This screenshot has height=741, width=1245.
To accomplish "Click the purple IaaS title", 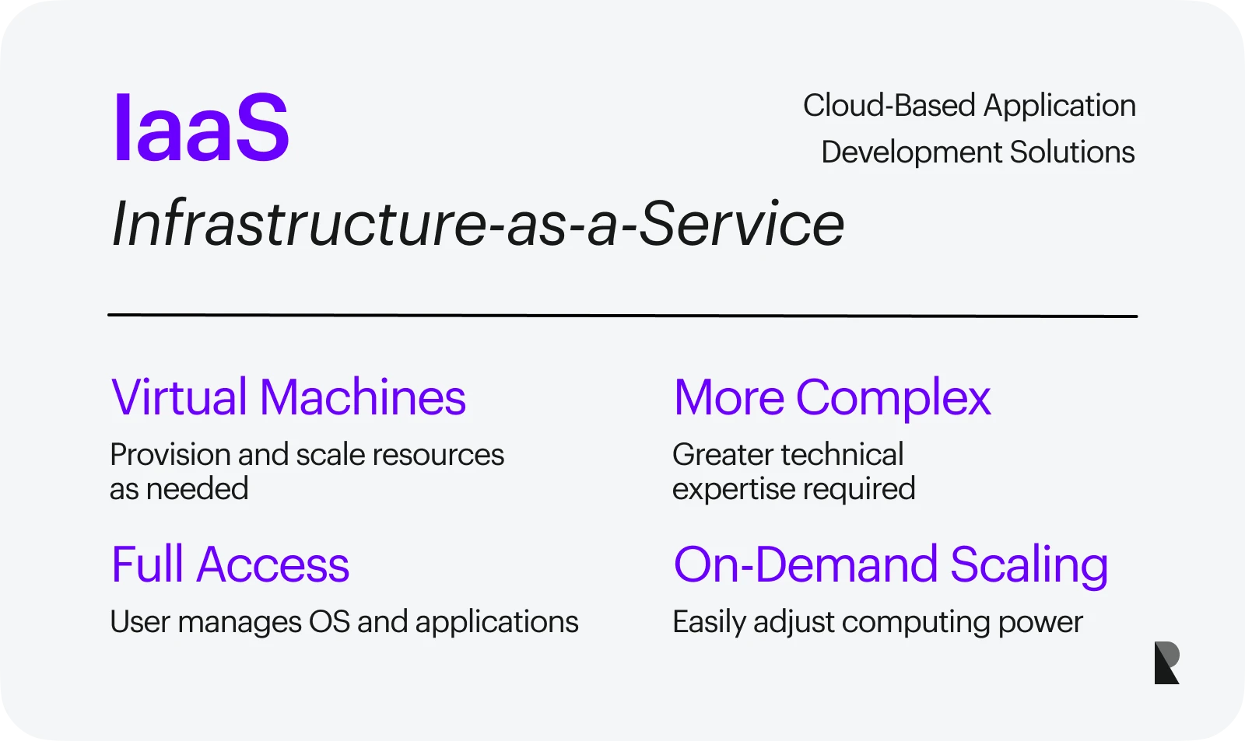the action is tap(202, 127).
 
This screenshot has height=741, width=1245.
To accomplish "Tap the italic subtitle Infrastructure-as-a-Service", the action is tap(478, 223).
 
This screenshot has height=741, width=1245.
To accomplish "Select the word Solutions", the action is tap(1072, 152).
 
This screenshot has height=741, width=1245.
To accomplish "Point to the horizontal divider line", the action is tap(622, 316).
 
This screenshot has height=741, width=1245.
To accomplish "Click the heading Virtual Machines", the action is tap(288, 397).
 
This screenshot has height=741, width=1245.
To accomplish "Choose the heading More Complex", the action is tap(832, 398).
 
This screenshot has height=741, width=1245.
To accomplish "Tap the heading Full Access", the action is tap(230, 564).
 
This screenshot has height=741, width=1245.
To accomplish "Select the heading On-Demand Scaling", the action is tap(890, 565).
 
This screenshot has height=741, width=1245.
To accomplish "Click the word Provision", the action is tap(170, 454).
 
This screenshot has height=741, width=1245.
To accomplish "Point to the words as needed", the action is tap(179, 489).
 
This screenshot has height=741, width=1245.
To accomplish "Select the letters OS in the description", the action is tap(329, 621).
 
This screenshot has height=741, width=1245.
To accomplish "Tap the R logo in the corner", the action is tap(1166, 662).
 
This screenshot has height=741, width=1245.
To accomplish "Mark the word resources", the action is tap(438, 455).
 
